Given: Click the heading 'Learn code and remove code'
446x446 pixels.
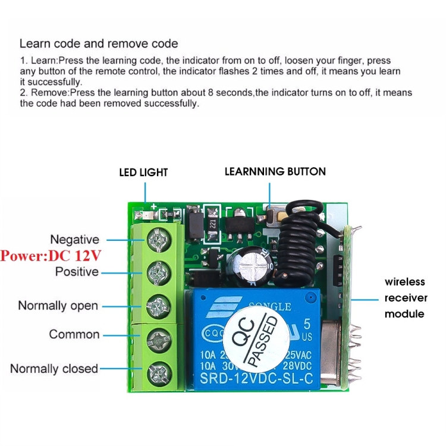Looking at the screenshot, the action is (99, 44).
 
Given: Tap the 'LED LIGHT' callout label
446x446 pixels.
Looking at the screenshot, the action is (143, 172).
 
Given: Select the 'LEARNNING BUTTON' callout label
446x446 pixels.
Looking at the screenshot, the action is (275, 171).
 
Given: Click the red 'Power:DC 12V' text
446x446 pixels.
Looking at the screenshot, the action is (51, 256).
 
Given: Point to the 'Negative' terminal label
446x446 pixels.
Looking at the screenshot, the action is (75, 240).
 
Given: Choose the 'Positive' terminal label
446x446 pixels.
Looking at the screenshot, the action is (77, 272).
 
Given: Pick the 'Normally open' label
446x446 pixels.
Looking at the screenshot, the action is (58, 306).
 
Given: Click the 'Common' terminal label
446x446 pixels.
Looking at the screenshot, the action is (74, 334).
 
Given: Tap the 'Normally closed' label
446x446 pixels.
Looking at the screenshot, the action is (54, 369).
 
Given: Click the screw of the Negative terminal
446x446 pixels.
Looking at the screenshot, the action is (159, 240).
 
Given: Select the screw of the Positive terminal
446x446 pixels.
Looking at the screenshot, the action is (159, 272).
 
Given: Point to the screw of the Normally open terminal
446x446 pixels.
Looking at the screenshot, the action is (159, 306).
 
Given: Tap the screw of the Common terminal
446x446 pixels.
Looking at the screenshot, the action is (159, 340).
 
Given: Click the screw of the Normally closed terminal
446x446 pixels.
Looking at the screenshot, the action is (159, 374).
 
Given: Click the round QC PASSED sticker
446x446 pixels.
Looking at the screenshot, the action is (256, 340).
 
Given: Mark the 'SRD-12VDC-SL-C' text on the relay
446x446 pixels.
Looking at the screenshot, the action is (256, 379).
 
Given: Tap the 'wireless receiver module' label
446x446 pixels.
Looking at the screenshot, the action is (406, 298).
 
